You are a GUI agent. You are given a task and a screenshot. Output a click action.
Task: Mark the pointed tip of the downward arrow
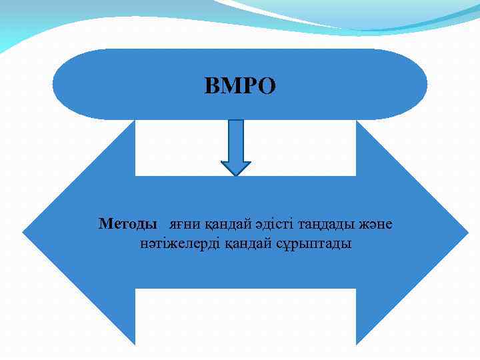point(235,175)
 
